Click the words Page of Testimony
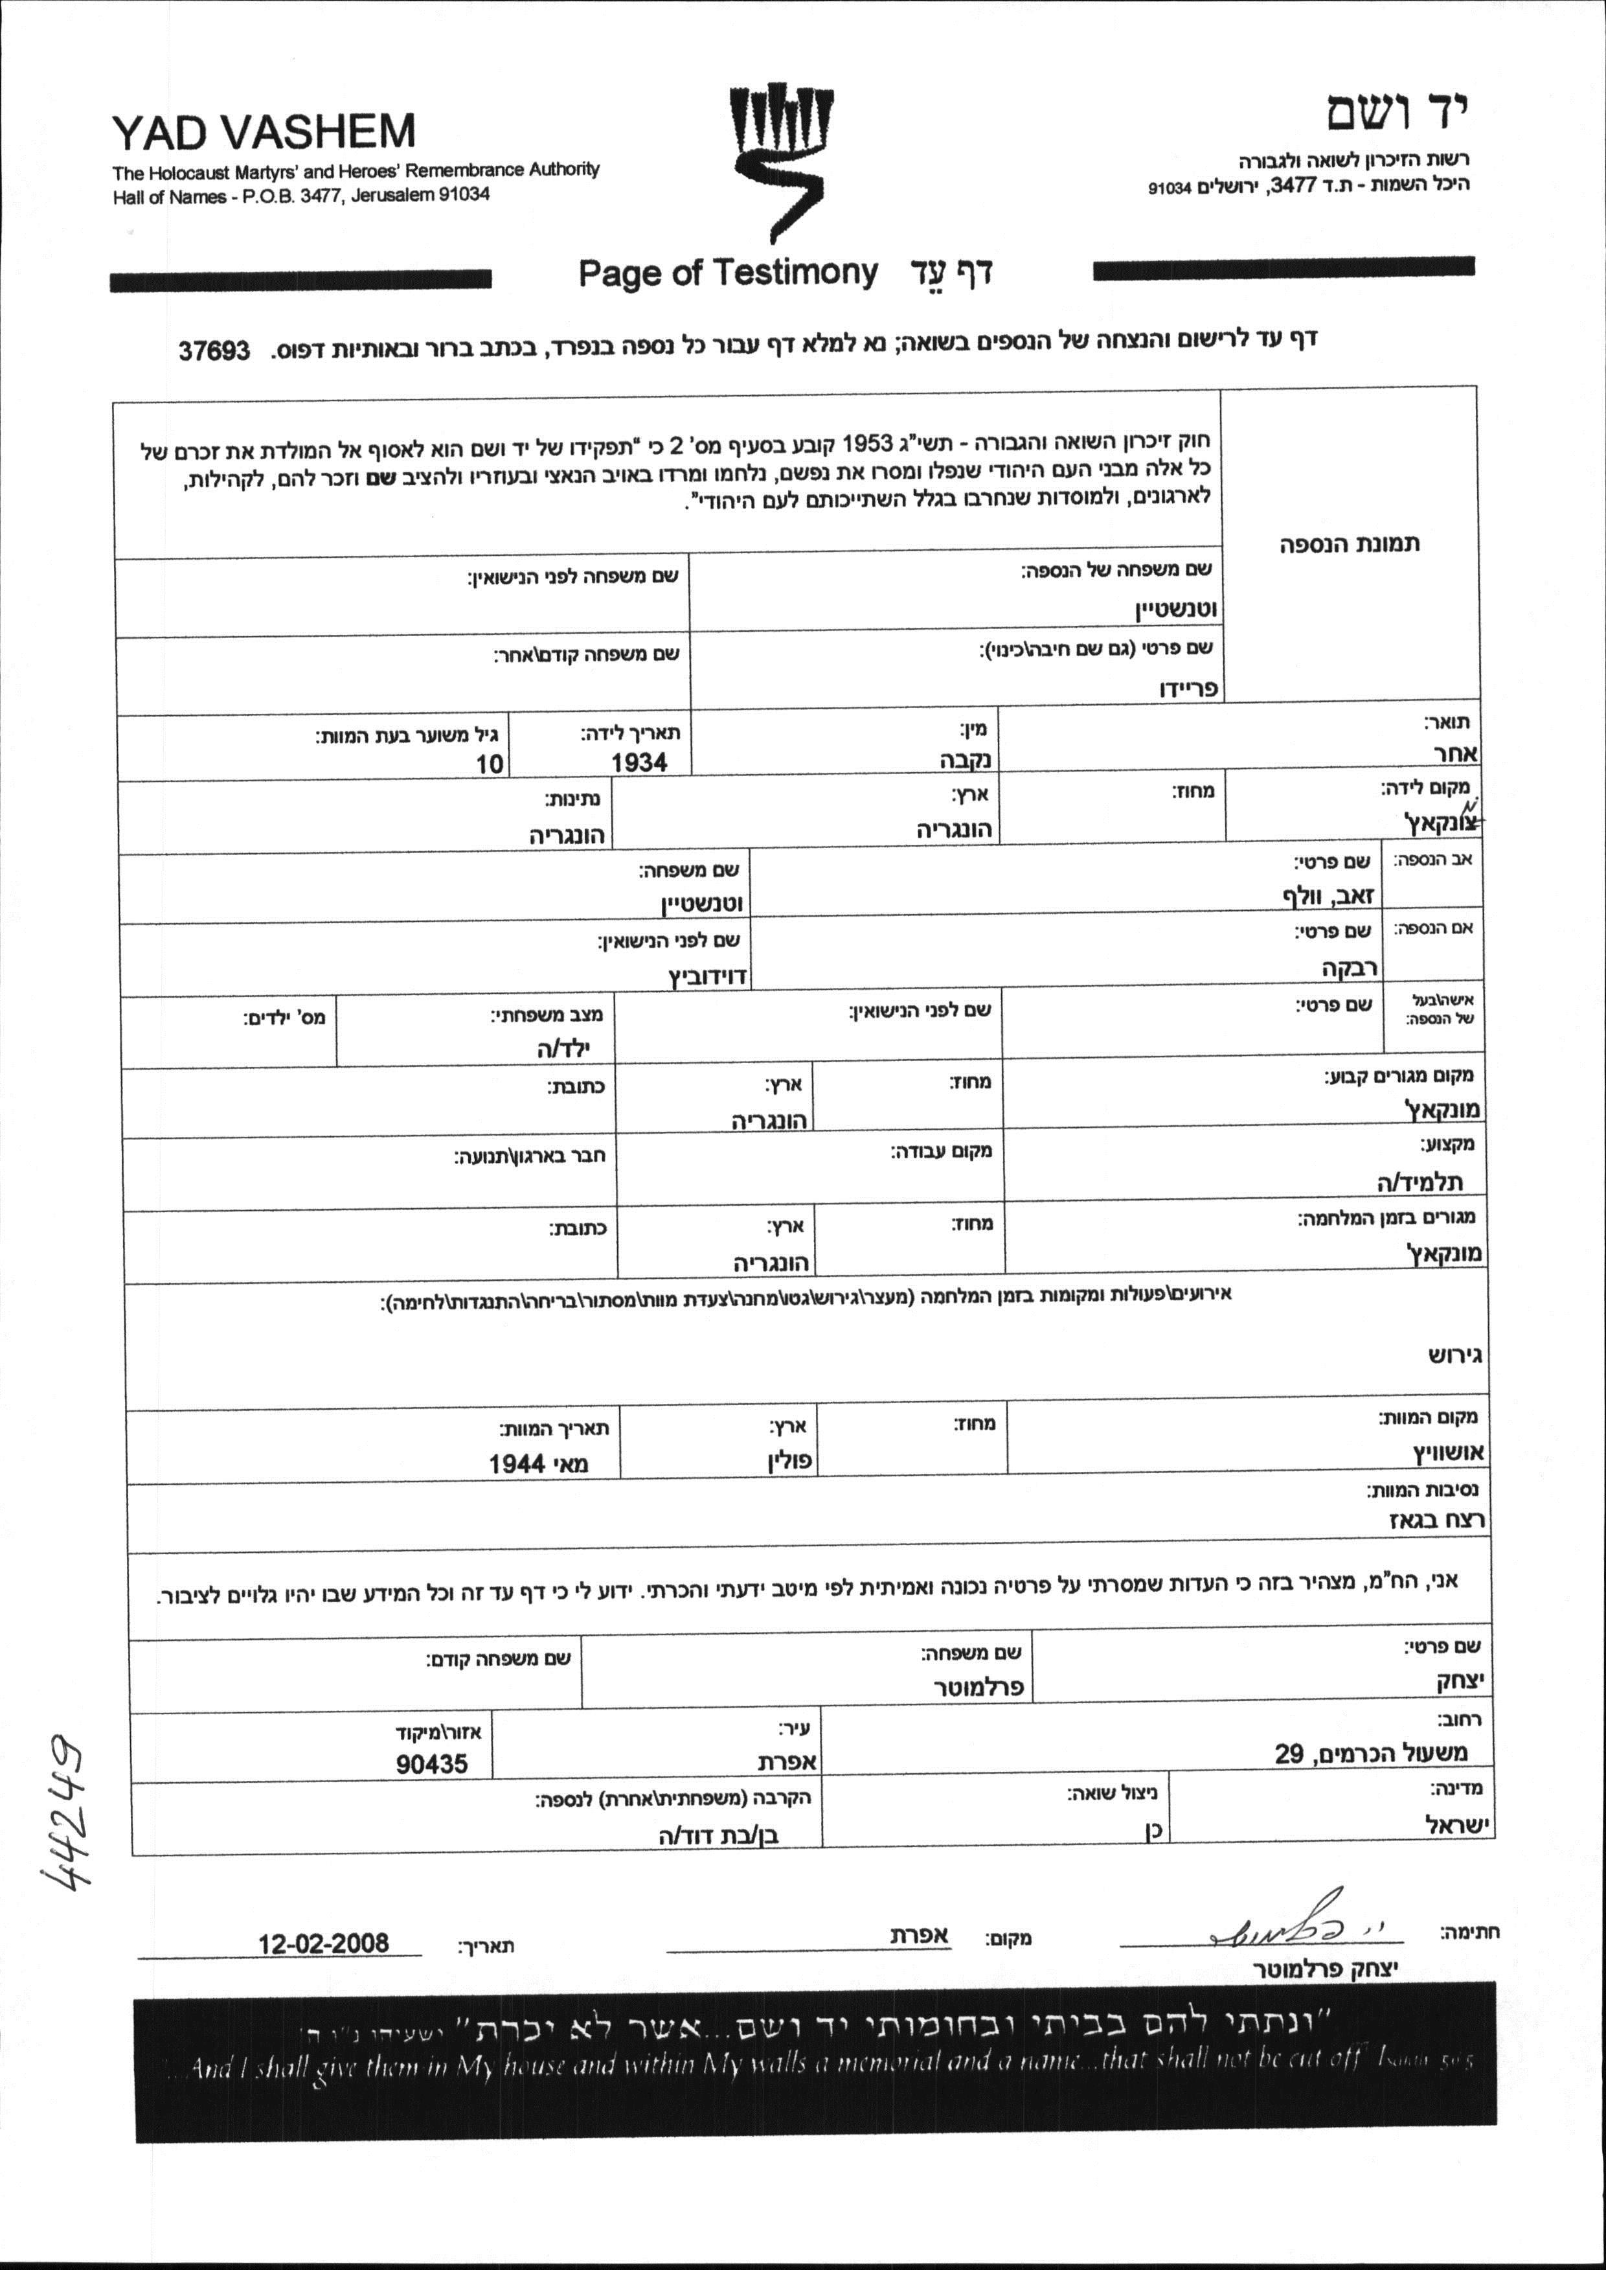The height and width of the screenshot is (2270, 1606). coord(728,272)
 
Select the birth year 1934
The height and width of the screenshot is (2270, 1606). coord(639,762)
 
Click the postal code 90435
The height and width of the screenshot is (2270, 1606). coord(432,1763)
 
